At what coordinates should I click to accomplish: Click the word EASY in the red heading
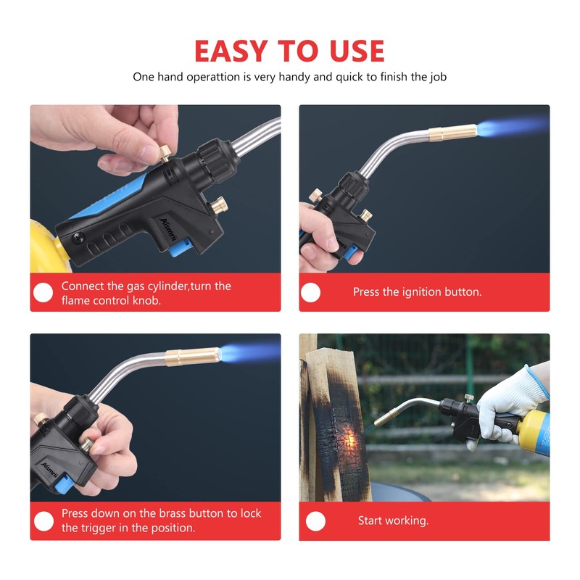point(231,50)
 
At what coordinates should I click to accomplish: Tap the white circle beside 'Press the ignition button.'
point(310,292)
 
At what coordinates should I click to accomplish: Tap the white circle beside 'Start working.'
point(315,521)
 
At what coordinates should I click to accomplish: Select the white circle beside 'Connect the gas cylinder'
point(43,292)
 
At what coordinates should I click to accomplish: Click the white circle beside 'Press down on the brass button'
point(43,521)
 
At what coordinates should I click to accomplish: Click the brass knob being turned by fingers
point(165,153)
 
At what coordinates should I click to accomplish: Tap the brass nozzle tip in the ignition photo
point(452,133)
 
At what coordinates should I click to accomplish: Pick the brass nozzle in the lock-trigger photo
point(193,357)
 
